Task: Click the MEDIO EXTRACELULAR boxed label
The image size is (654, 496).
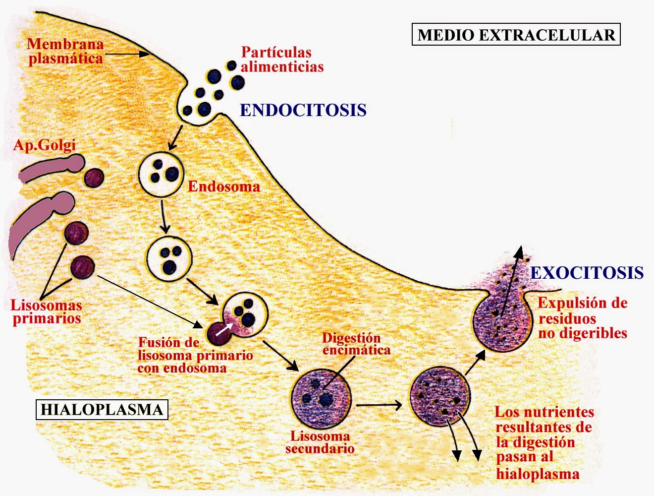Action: click(516, 35)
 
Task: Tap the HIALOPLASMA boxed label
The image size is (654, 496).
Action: click(102, 410)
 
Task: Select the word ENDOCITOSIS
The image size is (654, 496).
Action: click(303, 110)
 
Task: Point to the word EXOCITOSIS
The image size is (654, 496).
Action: click(587, 273)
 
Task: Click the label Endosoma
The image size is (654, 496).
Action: click(224, 186)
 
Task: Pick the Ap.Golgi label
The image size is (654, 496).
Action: click(45, 145)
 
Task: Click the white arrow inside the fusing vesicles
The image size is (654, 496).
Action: click(224, 329)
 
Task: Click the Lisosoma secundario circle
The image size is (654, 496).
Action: click(322, 397)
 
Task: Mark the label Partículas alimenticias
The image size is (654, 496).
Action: click(282, 60)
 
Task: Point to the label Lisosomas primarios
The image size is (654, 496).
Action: click(46, 311)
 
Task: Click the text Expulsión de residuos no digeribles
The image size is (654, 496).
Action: click(583, 318)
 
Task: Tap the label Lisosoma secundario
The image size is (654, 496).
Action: click(320, 442)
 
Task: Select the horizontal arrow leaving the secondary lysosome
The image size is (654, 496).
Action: click(379, 405)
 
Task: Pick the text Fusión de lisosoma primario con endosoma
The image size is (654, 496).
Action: click(195, 355)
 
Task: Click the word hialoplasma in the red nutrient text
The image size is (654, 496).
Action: click(538, 474)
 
